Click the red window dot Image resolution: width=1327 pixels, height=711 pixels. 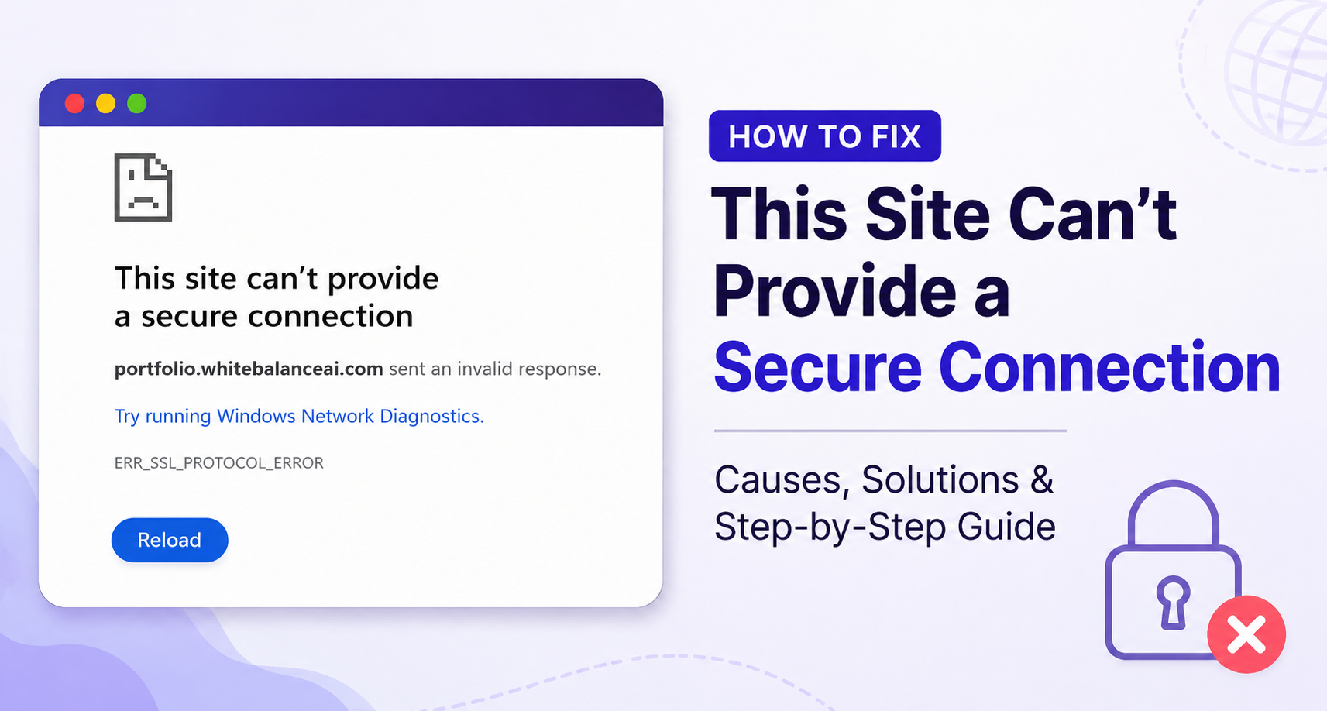coord(74,103)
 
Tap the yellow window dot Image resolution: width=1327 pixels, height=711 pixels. coord(106,103)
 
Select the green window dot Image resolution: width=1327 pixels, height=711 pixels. coord(137,103)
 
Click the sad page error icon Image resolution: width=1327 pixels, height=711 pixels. coord(143,187)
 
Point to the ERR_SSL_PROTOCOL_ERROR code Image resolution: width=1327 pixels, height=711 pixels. coord(218,462)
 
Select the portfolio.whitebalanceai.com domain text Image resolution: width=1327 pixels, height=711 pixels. coord(249,369)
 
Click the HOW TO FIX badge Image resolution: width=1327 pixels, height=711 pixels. coord(825,136)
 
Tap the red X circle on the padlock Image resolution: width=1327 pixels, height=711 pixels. coord(1246,634)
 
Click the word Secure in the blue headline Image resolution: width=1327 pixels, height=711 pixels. coord(818,368)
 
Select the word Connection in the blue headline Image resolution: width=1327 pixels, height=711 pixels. coord(1109,368)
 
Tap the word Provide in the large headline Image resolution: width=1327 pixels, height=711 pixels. coord(835,291)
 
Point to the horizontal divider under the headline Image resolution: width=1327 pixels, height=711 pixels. coord(890,431)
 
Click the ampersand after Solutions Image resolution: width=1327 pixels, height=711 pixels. coord(1041,479)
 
